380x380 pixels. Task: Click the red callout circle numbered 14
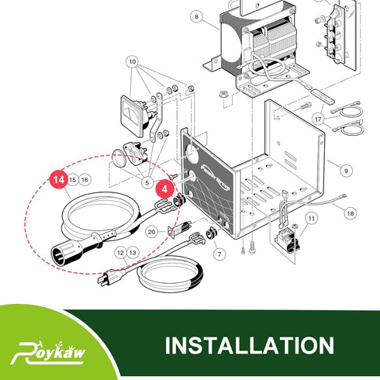coord(59,179)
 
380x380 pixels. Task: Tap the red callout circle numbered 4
coord(164,189)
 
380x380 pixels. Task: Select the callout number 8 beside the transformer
coord(197,17)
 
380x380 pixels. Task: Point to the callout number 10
coord(132,62)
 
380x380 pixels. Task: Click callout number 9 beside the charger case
coord(346,171)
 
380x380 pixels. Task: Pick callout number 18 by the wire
coord(351,213)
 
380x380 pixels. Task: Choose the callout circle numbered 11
coord(312,219)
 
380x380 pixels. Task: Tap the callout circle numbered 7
coord(219,254)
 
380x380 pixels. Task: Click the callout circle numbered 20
coord(151,232)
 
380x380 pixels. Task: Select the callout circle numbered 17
coord(318,119)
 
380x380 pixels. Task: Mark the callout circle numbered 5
coord(147,183)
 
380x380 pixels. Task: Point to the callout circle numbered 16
coord(85,179)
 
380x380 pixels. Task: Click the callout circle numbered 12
coord(120,253)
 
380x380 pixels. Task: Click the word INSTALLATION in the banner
coord(250,345)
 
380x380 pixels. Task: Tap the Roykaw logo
coord(48,353)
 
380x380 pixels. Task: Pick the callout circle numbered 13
coord(133,253)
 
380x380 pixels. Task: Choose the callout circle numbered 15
coord(73,179)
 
